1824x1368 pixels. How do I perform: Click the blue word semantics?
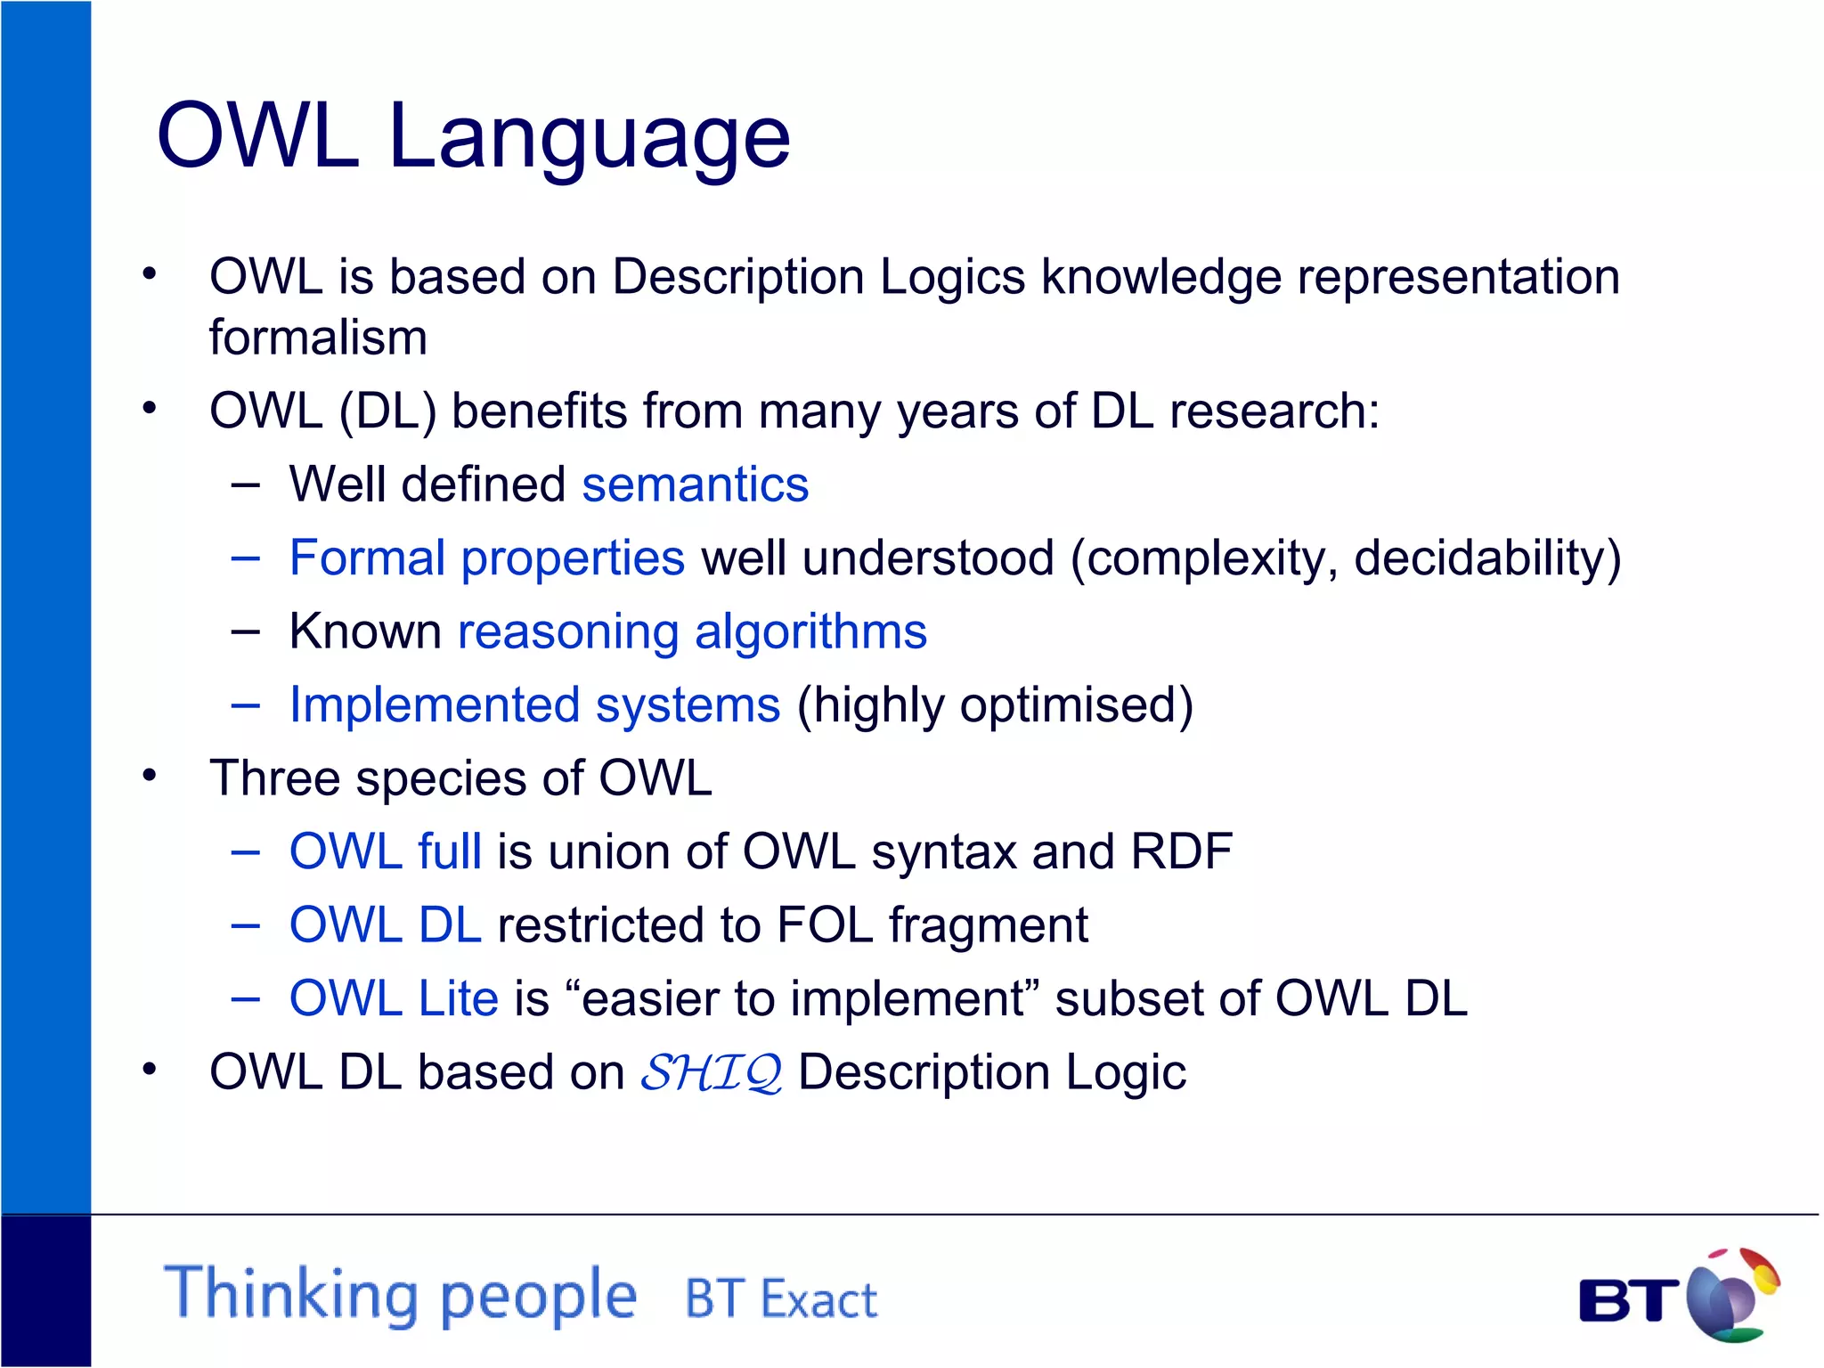point(695,485)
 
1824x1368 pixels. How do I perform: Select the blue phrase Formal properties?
point(487,559)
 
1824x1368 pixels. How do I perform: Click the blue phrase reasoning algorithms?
point(692,632)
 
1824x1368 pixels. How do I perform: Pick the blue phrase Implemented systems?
point(534,705)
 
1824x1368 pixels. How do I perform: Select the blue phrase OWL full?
point(386,851)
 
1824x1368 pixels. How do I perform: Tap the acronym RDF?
point(1180,851)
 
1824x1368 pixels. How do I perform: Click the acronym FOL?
point(824,924)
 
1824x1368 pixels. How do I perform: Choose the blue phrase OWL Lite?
point(394,998)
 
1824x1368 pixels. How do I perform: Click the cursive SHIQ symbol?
point(712,1072)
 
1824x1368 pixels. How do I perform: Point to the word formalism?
point(318,338)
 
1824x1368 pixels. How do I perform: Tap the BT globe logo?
point(1730,1296)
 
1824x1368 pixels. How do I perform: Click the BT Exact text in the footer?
point(780,1299)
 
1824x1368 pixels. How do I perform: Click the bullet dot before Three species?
point(150,776)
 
